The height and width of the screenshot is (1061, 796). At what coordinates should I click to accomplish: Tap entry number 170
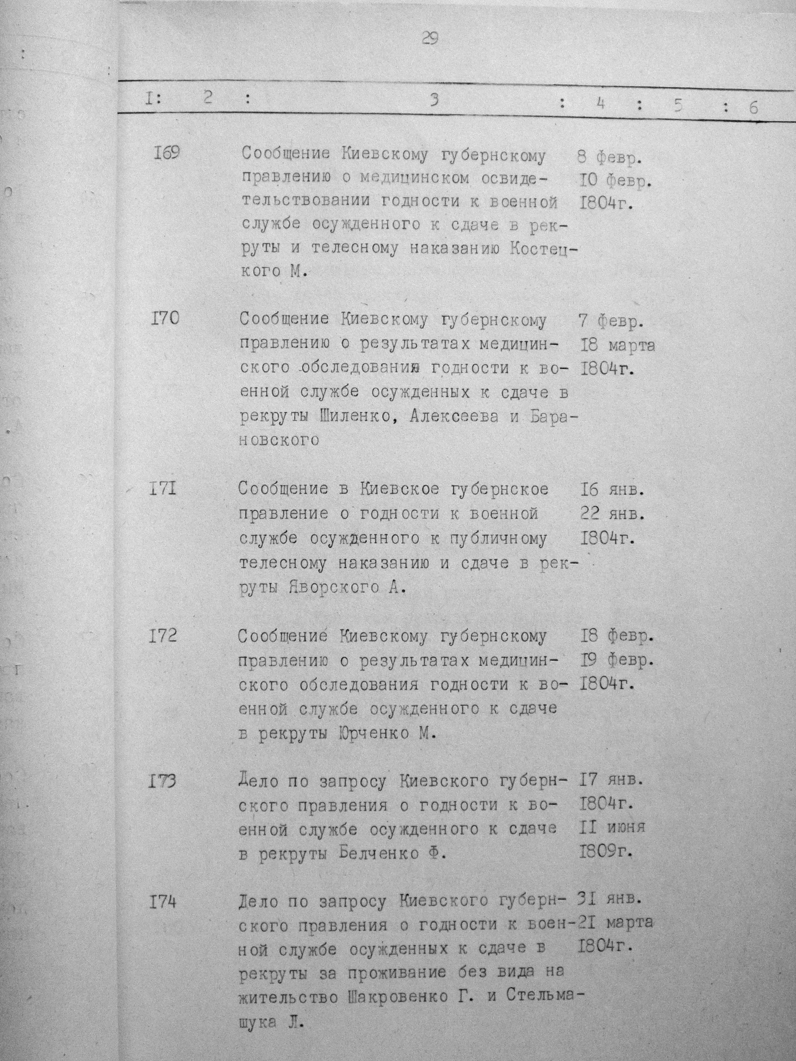[165, 318]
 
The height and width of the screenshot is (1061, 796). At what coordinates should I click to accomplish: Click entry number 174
[162, 902]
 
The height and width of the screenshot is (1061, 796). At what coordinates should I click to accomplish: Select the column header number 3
[434, 101]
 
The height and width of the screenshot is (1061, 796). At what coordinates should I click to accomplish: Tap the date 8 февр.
[609, 157]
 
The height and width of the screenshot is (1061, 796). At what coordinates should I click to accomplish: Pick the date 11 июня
[612, 827]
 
